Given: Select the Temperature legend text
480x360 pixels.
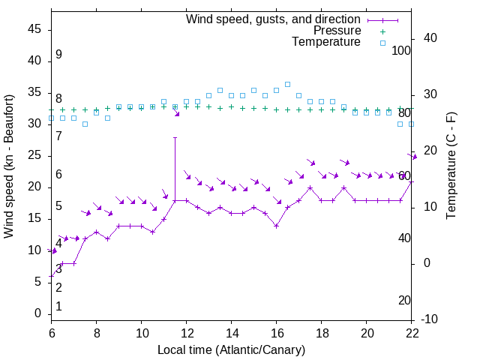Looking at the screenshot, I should point(326,42).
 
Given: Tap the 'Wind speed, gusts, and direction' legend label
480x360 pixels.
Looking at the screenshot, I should point(273,19).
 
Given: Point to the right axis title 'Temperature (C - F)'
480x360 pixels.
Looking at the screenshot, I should point(451,165).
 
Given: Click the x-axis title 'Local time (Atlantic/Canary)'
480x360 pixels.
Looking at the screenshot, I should point(232,349).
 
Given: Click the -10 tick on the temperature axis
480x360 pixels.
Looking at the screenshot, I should point(430,319).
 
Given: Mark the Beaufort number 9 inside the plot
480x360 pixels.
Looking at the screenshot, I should point(58,55).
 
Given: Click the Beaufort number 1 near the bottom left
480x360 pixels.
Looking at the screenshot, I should point(58,306).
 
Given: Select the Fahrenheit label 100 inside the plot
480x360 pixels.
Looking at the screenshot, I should point(401,50).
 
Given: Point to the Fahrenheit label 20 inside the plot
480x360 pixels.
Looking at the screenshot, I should point(404,300).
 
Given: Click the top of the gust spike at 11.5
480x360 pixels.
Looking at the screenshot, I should point(175,137).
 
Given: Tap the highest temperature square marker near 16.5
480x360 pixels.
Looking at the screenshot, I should point(287,84).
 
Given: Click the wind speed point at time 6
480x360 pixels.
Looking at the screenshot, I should point(52,276).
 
